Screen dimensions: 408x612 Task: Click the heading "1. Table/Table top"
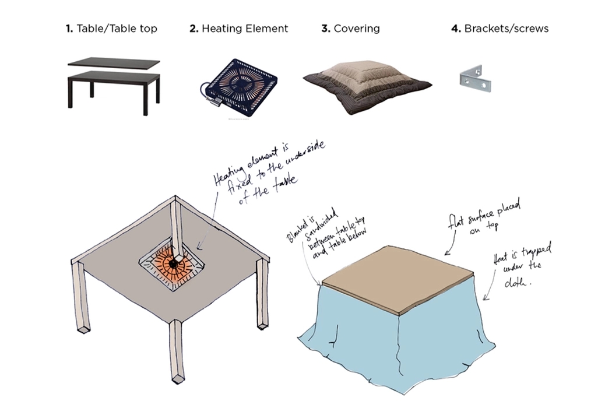coord(111,28)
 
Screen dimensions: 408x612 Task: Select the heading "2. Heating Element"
coord(238,28)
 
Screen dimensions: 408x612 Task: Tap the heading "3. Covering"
coord(350,28)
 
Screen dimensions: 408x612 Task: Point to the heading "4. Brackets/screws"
coord(500,28)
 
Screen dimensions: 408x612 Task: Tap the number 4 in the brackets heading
coord(455,28)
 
